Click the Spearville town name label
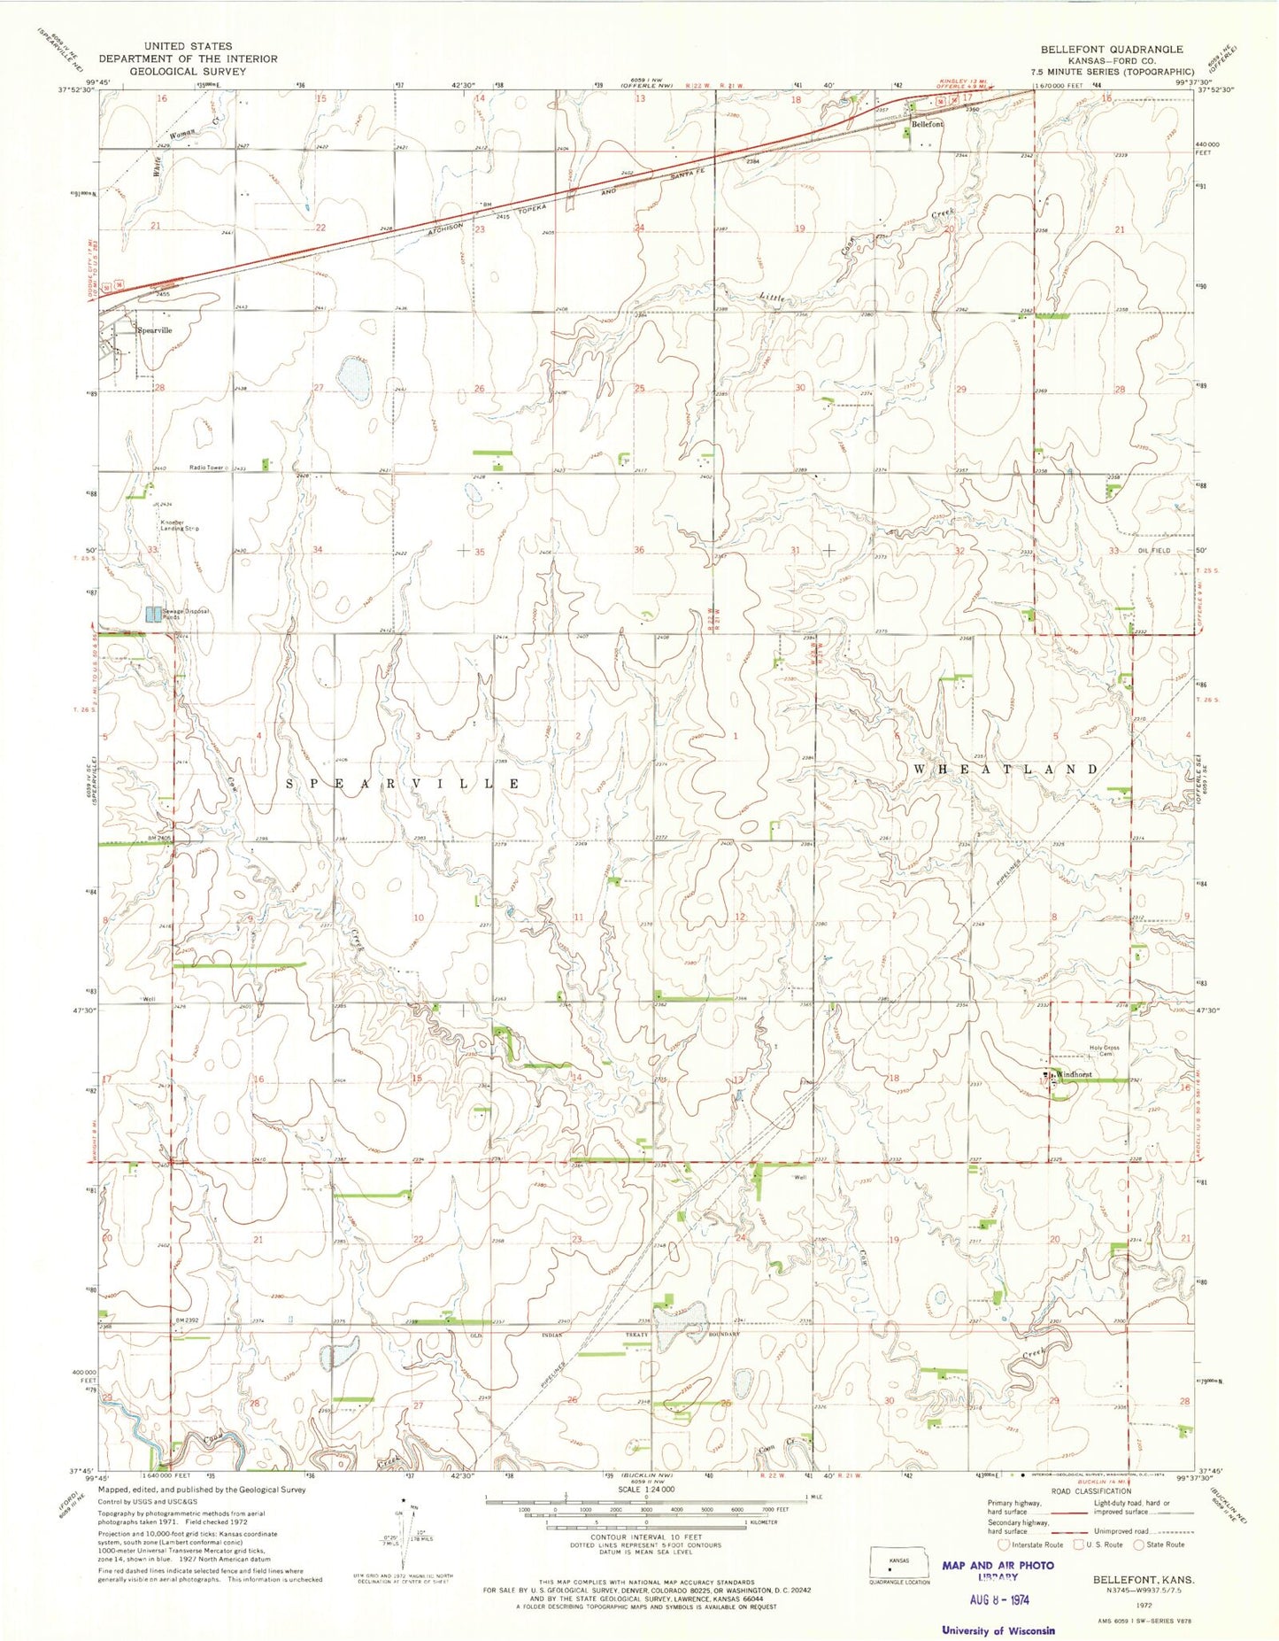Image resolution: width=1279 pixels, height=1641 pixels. tap(155, 329)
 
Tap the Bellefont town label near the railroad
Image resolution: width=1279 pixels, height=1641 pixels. tap(928, 125)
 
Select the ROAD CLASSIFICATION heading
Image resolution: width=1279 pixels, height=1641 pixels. tap(1085, 1490)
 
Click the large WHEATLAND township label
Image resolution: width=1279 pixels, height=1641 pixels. tap(1005, 769)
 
